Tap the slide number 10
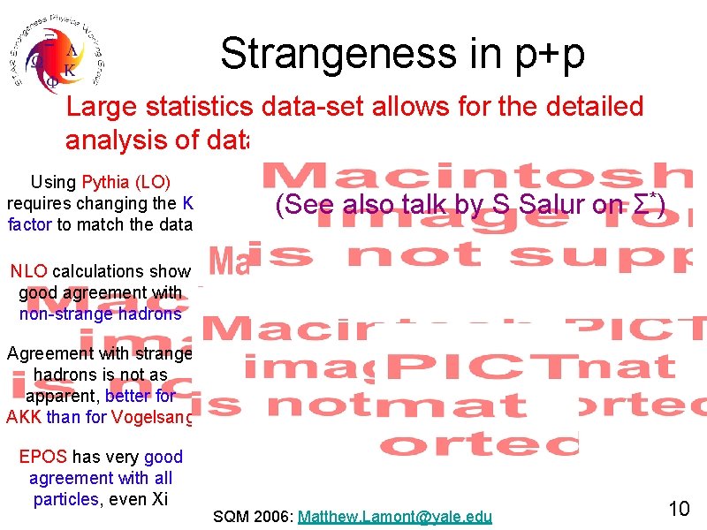(x=679, y=509)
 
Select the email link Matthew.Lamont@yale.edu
(x=395, y=516)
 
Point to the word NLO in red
(x=29, y=271)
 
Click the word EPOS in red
(x=42, y=457)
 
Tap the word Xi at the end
(x=159, y=499)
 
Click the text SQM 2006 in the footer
(x=254, y=516)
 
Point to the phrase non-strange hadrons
(x=100, y=313)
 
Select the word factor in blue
(x=30, y=224)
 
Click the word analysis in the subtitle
(x=117, y=140)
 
